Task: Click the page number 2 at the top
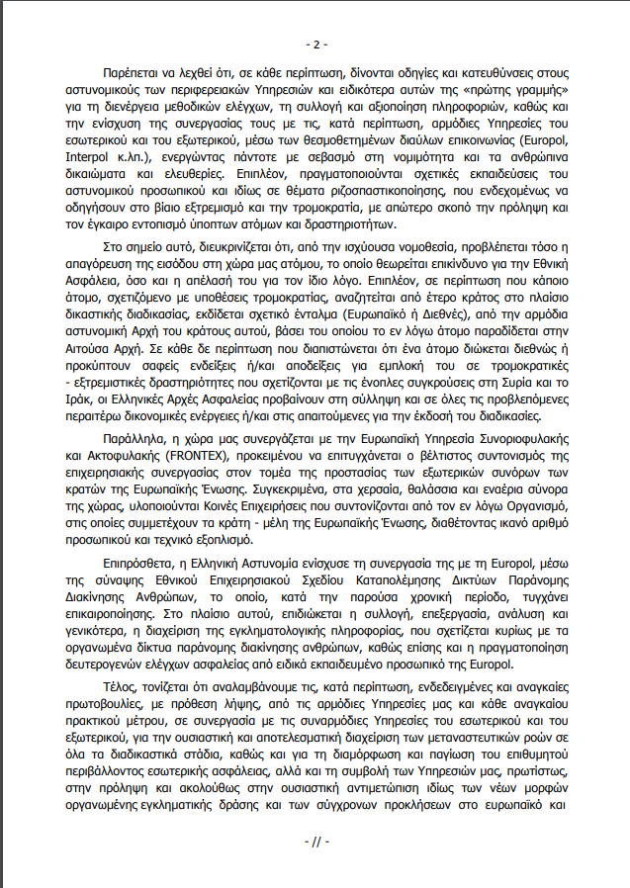(315, 44)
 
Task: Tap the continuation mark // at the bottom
(315, 842)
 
